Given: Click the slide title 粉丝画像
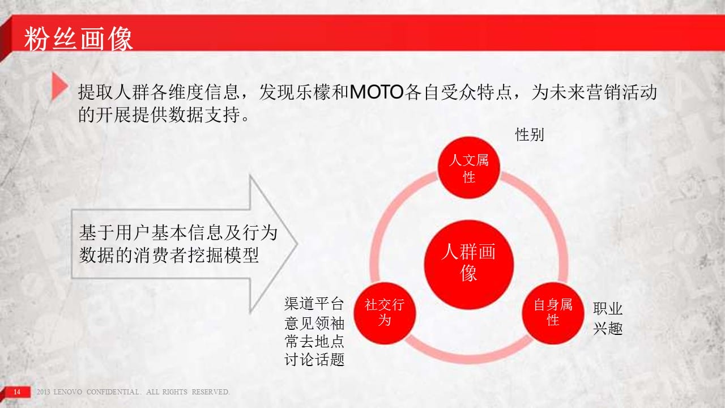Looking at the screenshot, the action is (79, 39).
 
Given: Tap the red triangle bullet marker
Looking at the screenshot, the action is (60, 86).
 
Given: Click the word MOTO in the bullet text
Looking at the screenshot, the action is (377, 92).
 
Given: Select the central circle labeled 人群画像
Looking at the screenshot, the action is (468, 264).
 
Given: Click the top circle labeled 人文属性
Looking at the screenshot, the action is (468, 168).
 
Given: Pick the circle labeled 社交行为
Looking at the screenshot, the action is (385, 313).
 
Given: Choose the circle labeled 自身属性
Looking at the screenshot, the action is (553, 313).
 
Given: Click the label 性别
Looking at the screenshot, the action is (530, 135).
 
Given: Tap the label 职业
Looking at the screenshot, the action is (608, 309).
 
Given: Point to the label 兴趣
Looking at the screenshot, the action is (608, 329).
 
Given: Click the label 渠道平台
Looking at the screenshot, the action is (314, 303).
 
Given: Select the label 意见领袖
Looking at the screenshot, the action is (314, 323).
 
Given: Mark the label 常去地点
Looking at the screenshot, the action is (314, 341).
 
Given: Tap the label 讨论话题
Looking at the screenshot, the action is (314, 359).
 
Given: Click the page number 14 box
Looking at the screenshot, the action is (17, 392).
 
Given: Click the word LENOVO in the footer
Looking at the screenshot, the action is (67, 392).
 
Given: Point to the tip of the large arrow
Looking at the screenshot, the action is (297, 244).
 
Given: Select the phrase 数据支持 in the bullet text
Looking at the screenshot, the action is (204, 114).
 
